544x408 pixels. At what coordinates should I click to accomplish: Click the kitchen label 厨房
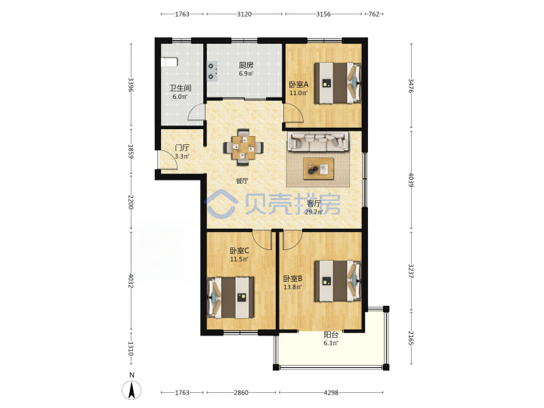click(x=246, y=65)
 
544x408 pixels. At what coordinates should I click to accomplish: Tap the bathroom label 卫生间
click(x=180, y=88)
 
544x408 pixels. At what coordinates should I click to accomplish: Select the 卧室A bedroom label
click(x=298, y=85)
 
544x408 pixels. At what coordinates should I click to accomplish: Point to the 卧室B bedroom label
click(x=293, y=278)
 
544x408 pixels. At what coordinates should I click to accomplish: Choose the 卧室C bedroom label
click(x=239, y=251)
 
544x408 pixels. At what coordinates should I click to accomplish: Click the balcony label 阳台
click(x=331, y=335)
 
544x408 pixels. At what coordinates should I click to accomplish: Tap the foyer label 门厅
click(x=182, y=148)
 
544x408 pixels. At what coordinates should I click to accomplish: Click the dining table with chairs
click(x=243, y=147)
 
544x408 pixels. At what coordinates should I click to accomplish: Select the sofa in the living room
click(x=318, y=141)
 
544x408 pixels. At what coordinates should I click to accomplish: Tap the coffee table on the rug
click(x=319, y=168)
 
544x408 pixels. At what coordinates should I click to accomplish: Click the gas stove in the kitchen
click(x=212, y=71)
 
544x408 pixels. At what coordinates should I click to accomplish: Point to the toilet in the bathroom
click(x=169, y=63)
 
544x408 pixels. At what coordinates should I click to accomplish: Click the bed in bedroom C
click(x=230, y=298)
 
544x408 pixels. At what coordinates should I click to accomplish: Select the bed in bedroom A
click(x=338, y=83)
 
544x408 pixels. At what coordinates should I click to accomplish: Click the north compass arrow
click(x=131, y=390)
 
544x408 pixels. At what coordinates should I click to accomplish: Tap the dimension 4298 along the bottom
click(x=331, y=393)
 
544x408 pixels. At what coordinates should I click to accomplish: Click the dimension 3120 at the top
click(x=244, y=14)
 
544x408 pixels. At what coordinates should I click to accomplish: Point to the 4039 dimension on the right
click(x=411, y=180)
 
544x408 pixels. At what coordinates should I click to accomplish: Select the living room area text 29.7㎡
click(x=314, y=212)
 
